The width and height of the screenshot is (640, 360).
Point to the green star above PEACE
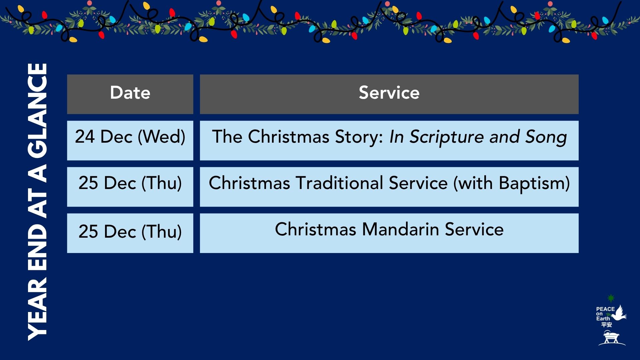click(611, 298)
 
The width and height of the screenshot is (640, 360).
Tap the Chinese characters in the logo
click(607, 325)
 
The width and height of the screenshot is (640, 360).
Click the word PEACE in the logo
click(605, 309)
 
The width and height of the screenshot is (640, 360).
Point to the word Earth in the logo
click(603, 319)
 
